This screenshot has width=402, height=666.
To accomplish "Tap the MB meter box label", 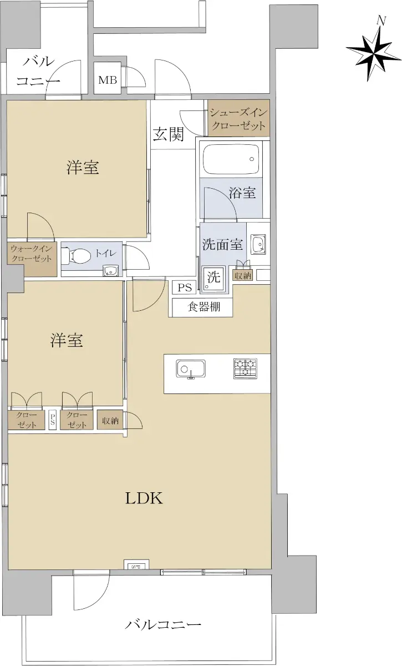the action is [108, 80].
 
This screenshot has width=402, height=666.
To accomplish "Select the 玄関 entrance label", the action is [169, 134].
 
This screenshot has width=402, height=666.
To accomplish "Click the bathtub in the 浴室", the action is [231, 159].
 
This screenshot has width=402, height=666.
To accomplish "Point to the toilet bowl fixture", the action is [76, 255].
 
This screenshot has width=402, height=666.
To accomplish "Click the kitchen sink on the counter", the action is [190, 369].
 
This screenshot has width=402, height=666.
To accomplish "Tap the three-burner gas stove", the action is [245, 369].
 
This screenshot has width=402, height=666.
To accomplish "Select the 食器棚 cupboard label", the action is [204, 306].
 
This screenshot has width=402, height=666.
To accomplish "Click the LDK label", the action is [144, 498].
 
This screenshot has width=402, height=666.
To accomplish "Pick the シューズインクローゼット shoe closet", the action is [238, 118].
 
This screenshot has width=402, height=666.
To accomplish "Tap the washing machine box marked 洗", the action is [213, 279].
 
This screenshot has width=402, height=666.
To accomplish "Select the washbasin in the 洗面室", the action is [258, 244].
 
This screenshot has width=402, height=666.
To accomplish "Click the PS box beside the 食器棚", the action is [185, 287].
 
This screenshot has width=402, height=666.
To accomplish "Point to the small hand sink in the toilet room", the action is [110, 271].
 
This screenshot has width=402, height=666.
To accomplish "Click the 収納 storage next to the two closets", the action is [110, 421].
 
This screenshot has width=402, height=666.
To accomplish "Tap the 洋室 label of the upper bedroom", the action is [83, 167].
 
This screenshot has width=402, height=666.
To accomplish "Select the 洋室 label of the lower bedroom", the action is [66, 340].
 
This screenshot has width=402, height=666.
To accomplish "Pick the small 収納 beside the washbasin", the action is [243, 276].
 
